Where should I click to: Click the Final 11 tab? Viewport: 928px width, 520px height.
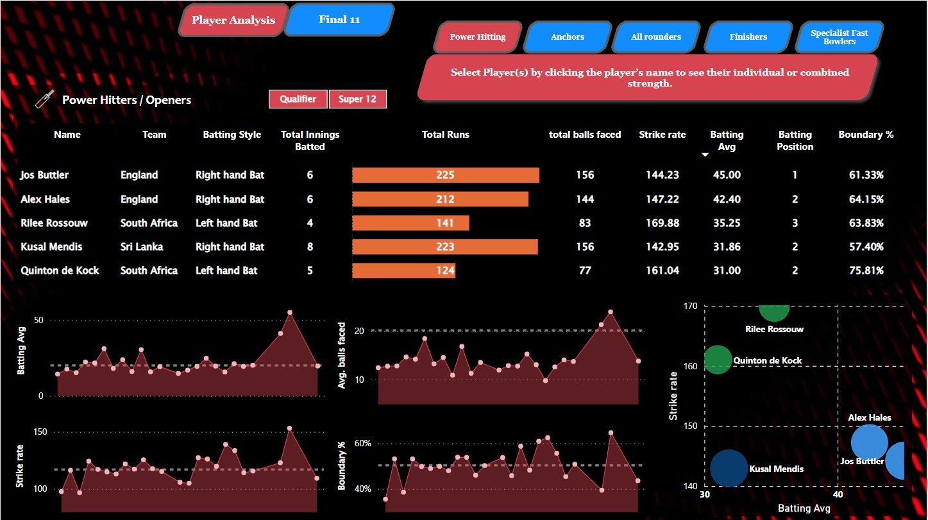(x=339, y=20)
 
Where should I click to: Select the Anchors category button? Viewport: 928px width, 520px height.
(x=567, y=37)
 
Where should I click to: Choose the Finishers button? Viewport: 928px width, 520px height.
(x=748, y=37)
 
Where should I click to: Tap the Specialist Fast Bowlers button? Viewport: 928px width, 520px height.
(x=839, y=37)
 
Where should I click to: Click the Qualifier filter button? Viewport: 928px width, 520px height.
(x=298, y=99)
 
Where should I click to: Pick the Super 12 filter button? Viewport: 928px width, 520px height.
(x=357, y=99)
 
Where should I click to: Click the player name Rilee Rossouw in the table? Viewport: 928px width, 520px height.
(x=54, y=223)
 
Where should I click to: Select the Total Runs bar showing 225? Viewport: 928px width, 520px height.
(x=446, y=175)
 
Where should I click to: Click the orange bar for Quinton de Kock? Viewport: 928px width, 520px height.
(x=403, y=271)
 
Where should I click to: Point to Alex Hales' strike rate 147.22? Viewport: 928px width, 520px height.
(x=662, y=199)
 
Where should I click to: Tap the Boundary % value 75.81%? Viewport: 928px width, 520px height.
(x=866, y=271)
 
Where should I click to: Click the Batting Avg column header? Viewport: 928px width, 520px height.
(x=726, y=140)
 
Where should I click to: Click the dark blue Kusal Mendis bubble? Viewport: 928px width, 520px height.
(x=729, y=468)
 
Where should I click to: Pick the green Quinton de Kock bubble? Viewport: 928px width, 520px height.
(x=717, y=360)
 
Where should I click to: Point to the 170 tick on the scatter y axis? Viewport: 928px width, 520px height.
(x=690, y=306)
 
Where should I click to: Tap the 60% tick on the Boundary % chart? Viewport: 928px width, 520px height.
(x=362, y=444)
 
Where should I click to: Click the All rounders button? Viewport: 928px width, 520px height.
(x=655, y=37)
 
